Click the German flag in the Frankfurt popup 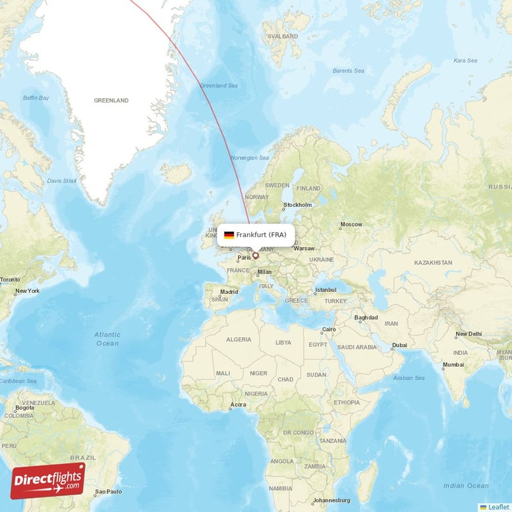[x=228, y=235]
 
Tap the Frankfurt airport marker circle [x=255, y=256]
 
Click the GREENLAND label [x=111, y=100]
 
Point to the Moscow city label [x=351, y=225]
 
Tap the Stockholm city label [x=298, y=205]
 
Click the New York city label [x=28, y=291]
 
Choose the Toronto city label [x=10, y=280]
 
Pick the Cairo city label [x=329, y=330]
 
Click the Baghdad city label [x=366, y=317]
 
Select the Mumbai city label [x=453, y=364]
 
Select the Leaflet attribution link [x=497, y=507]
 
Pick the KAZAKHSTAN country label [x=433, y=262]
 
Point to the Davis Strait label [x=61, y=181]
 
